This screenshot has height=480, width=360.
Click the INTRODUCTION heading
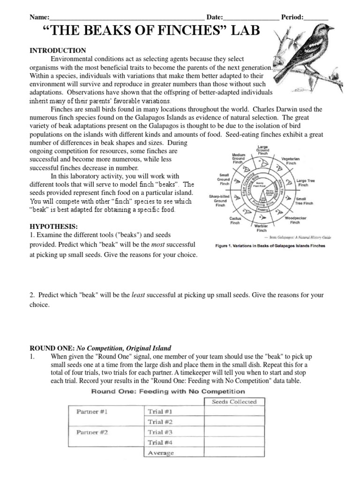58,50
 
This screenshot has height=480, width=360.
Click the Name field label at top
39,17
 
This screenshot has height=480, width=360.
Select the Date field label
215,17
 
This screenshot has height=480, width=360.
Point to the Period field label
292,17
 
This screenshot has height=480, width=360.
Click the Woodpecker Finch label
295,221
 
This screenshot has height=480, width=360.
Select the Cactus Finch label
235,221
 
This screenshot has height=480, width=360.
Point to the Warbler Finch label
261,228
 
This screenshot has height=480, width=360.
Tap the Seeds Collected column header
234,401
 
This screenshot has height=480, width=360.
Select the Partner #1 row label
92,412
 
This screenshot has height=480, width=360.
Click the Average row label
161,453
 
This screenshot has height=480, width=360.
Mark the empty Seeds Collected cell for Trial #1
234,412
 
